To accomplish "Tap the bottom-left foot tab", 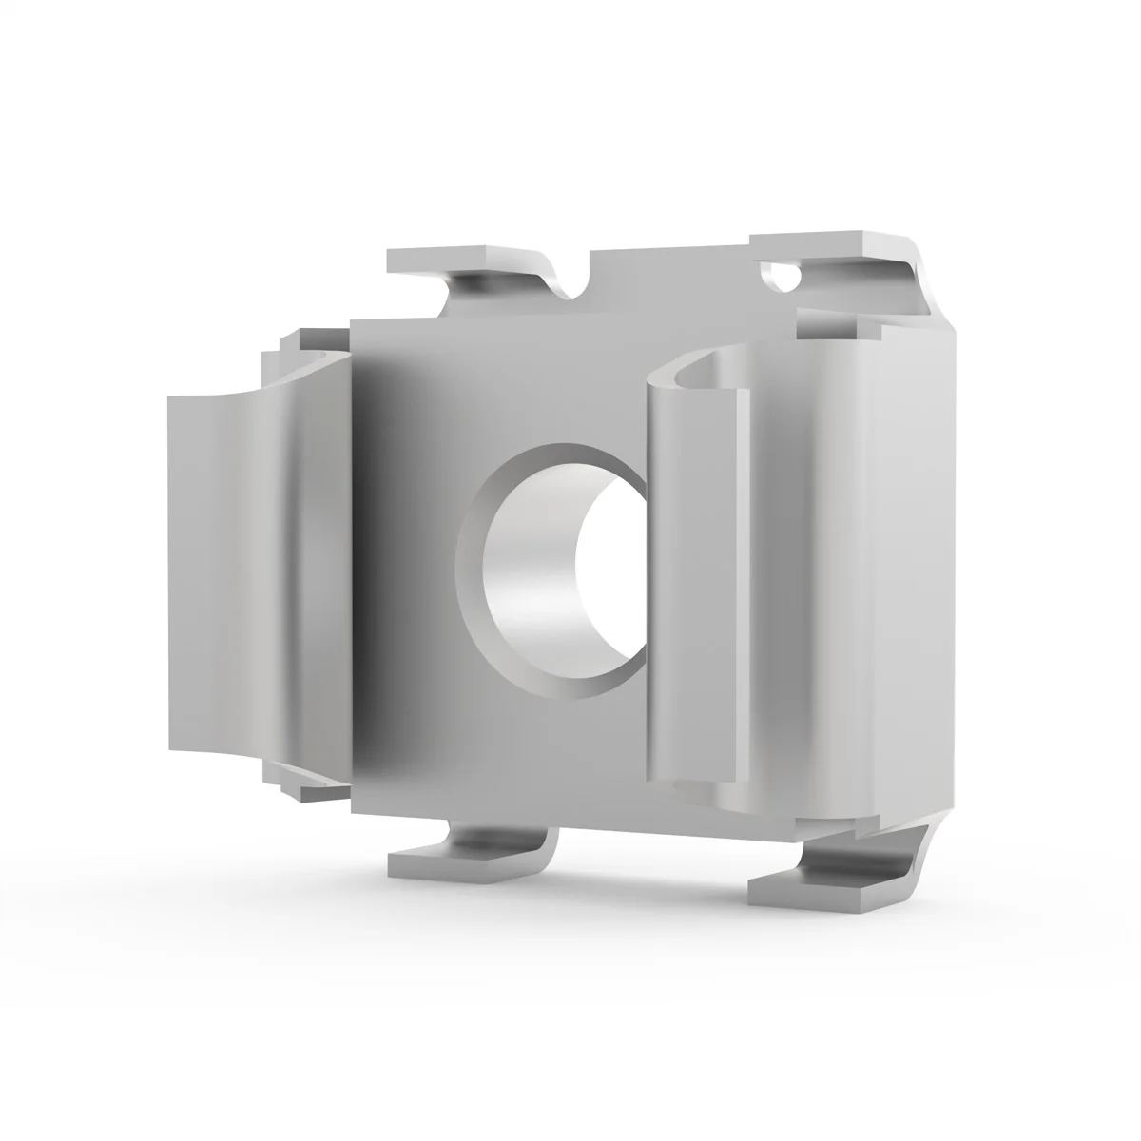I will click(x=447, y=861).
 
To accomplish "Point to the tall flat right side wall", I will click(x=913, y=570).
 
